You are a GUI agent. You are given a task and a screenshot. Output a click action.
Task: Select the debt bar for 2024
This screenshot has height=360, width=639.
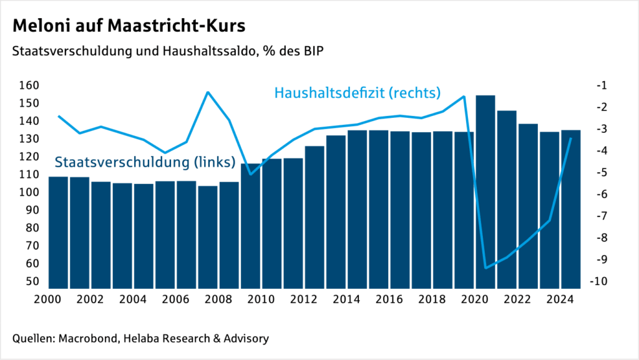coord(570,209)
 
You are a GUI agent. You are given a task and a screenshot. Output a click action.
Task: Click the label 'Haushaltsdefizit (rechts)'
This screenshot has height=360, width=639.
coord(358,93)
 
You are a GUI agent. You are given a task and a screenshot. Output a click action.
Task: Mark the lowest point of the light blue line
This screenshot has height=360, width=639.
coord(485,268)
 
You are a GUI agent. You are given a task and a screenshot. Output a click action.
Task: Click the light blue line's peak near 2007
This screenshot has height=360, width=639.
coord(208,92)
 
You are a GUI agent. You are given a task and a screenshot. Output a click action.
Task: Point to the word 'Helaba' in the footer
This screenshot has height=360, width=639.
coord(138,339)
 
